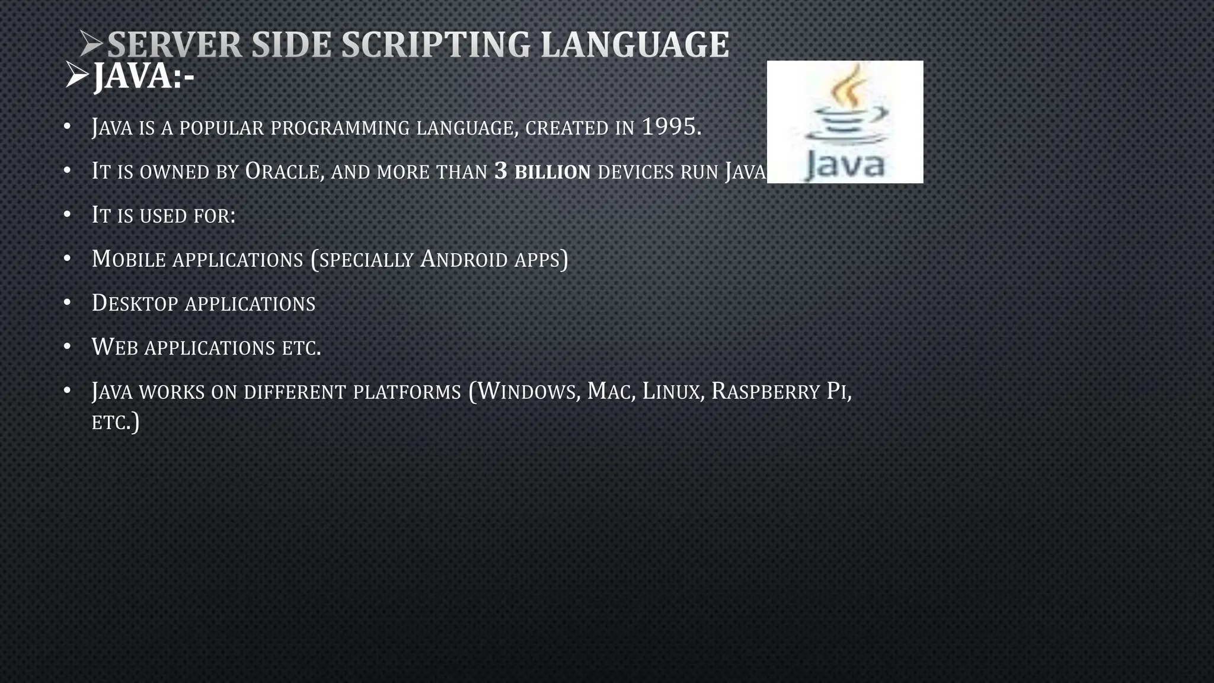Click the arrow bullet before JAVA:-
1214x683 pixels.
(x=77, y=75)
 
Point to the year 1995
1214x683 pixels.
(x=670, y=127)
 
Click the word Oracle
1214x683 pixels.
(x=284, y=171)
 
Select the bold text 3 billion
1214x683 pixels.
(x=542, y=171)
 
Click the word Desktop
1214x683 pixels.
(x=135, y=303)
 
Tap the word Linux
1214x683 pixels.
(x=671, y=391)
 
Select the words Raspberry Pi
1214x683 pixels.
(x=779, y=391)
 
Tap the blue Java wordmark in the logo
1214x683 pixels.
(x=845, y=164)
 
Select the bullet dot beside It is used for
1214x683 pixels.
(x=67, y=214)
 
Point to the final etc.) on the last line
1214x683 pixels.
(x=116, y=422)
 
